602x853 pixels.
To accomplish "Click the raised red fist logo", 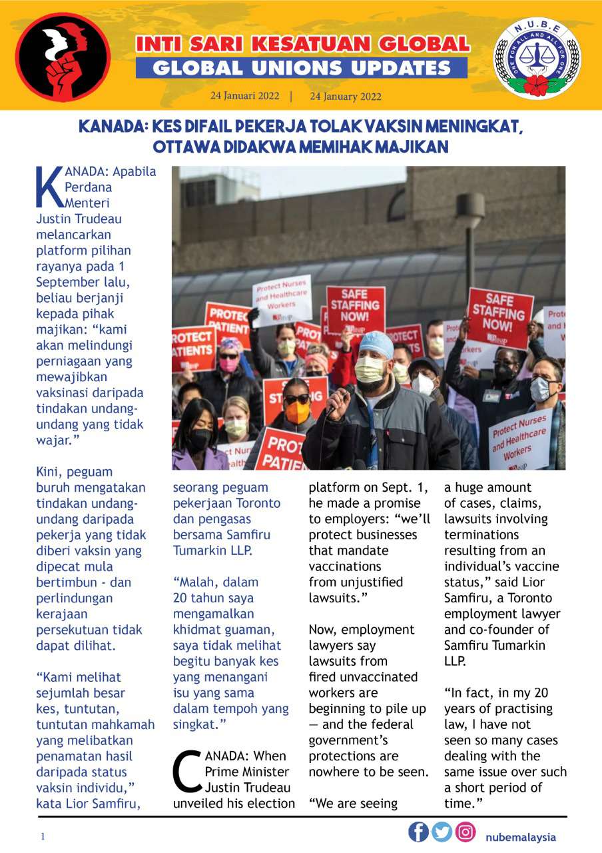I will (63, 57).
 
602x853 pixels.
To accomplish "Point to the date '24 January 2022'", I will (346, 96).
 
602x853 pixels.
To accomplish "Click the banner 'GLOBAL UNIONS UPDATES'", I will (302, 68).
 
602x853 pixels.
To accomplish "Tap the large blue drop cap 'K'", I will (48, 187).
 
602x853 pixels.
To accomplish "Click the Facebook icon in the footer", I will (419, 832).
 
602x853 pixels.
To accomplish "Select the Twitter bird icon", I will (442, 832).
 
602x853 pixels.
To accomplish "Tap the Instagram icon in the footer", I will (465, 832).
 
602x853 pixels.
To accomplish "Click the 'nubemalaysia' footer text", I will (521, 837).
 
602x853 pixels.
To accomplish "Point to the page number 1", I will (43, 837).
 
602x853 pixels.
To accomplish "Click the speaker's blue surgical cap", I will (376, 344).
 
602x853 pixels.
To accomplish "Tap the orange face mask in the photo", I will (297, 412).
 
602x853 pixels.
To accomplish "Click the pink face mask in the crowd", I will (229, 364).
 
